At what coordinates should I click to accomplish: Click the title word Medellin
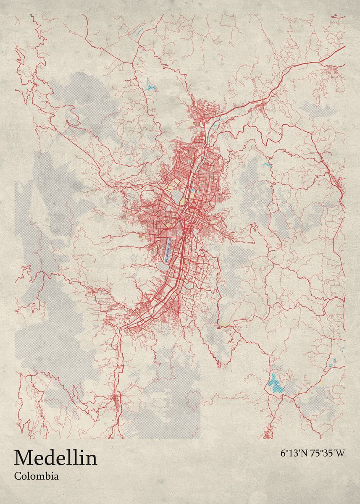click(x=55, y=458)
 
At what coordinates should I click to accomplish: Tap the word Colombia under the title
click(x=36, y=476)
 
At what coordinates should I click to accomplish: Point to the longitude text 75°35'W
click(x=327, y=454)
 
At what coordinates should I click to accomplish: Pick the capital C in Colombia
click(x=17, y=476)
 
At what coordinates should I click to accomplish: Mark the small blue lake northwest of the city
click(x=151, y=87)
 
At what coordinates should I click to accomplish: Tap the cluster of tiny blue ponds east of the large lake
click(x=333, y=362)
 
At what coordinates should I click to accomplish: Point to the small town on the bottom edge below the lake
click(x=267, y=433)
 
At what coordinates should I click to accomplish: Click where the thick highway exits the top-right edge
click(x=344, y=47)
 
